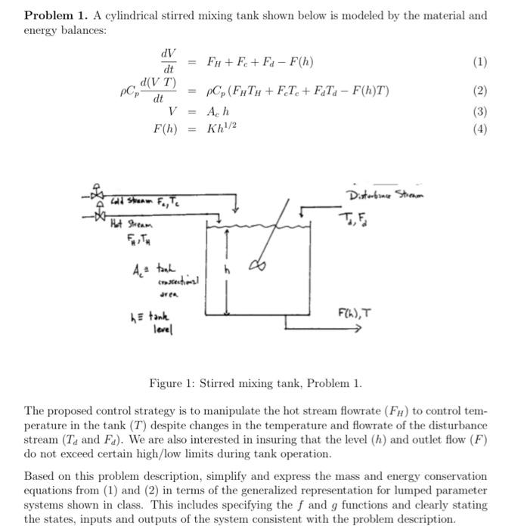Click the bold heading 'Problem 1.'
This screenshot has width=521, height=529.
click(55, 16)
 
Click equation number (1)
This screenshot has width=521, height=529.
click(479, 62)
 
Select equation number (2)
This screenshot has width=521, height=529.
click(479, 91)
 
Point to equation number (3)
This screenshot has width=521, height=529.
click(479, 112)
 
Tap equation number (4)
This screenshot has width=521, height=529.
click(479, 128)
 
